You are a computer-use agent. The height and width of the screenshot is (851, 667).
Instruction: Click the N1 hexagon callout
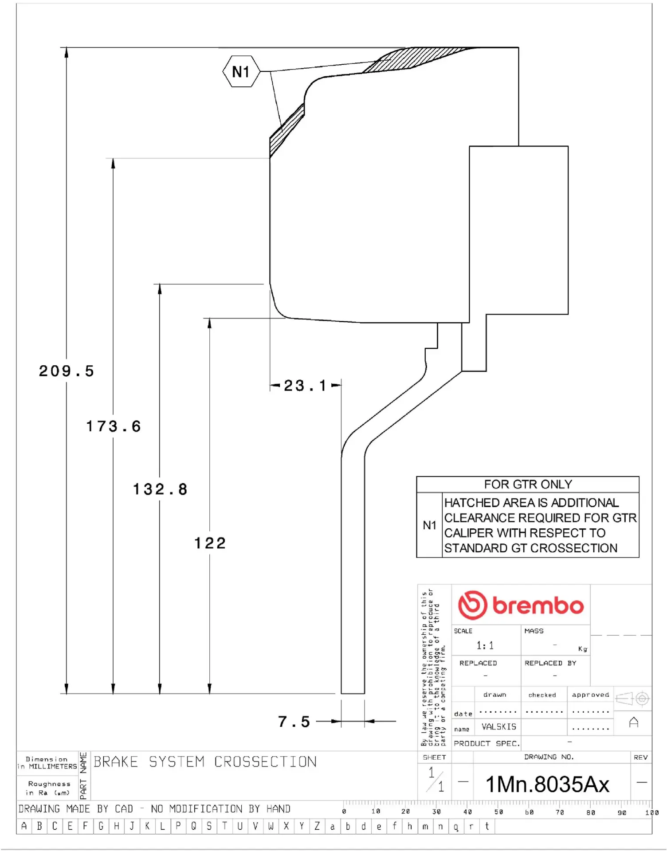click(241, 71)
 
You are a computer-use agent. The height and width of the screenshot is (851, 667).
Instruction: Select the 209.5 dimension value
click(67, 371)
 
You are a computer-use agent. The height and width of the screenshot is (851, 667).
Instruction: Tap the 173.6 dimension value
click(114, 426)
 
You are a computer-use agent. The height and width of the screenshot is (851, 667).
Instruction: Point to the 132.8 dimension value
click(160, 489)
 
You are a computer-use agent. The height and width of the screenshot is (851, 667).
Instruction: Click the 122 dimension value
click(210, 543)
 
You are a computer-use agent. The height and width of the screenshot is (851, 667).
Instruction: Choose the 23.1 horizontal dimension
click(305, 386)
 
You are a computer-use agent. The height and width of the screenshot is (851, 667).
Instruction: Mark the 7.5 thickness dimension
click(294, 722)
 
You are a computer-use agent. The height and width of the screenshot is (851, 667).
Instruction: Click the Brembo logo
click(521, 605)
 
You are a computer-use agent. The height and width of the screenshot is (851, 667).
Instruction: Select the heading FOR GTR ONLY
click(528, 484)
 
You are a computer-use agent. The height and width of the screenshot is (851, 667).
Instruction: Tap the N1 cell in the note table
click(429, 525)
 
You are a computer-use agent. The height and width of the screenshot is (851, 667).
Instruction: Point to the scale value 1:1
click(485, 645)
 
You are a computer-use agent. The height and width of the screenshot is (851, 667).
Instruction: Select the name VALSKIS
click(499, 727)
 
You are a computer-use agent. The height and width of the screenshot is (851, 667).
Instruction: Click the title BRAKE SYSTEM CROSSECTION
click(205, 762)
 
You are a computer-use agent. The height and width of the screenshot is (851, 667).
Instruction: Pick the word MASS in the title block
click(534, 631)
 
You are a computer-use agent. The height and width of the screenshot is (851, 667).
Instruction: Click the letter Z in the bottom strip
click(317, 826)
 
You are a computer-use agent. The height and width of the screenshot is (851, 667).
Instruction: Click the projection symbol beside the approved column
click(633, 699)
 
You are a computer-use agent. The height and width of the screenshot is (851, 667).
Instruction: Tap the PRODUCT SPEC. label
click(487, 743)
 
